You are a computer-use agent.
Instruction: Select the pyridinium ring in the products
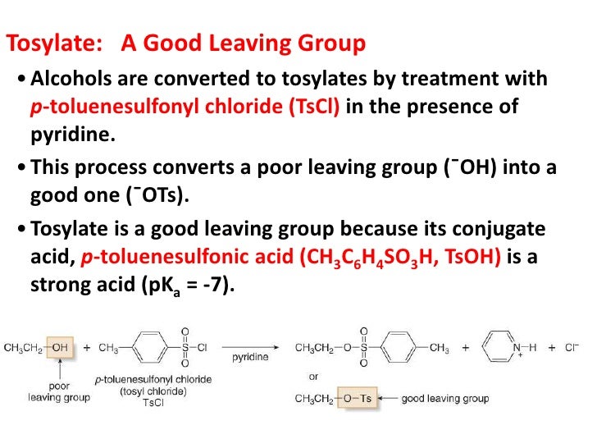click(x=502, y=348)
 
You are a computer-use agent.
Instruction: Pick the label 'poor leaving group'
click(x=52, y=393)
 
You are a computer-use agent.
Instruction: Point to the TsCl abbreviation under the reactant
click(x=153, y=404)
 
